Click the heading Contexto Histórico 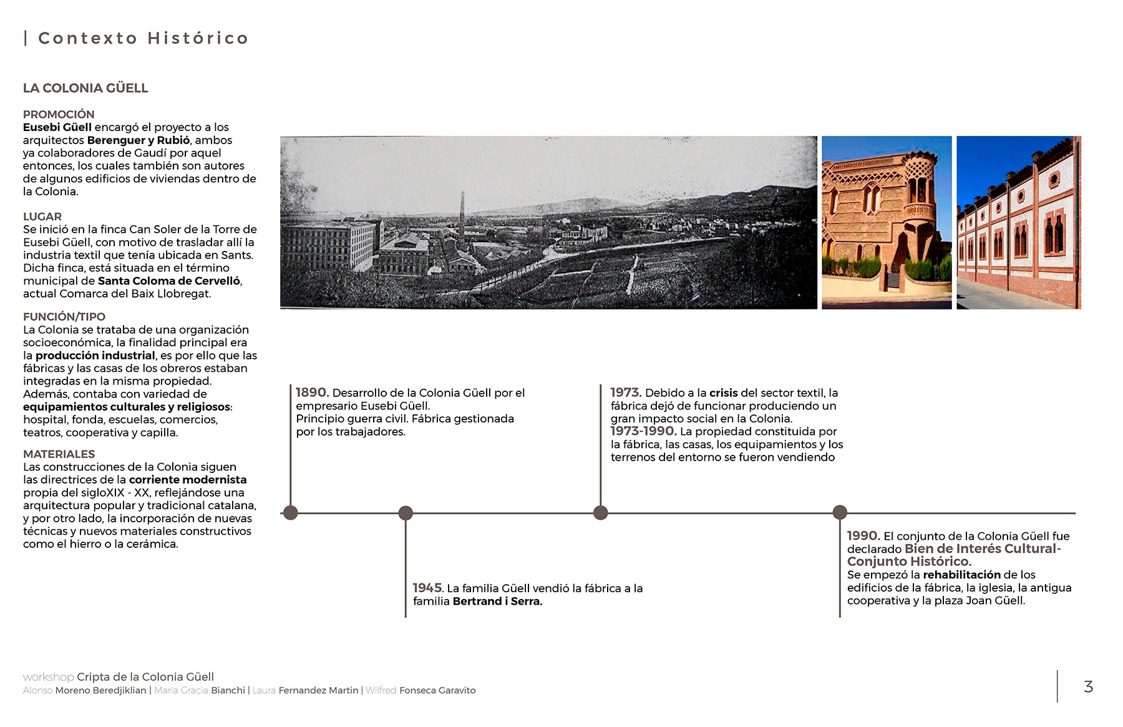143,39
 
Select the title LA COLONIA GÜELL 85,89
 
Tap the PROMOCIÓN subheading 59,114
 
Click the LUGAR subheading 42,217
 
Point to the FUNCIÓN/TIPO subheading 64,316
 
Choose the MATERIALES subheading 59,454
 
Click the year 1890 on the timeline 311,393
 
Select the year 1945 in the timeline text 427,588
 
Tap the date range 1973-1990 643,431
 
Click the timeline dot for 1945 406,513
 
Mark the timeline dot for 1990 840,512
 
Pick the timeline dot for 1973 600,513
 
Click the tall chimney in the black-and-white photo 462,215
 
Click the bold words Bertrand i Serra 497,602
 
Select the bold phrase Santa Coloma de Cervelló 168,281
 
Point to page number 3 1088,686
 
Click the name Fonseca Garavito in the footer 437,690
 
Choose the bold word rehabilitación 961,575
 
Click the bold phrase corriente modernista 188,480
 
